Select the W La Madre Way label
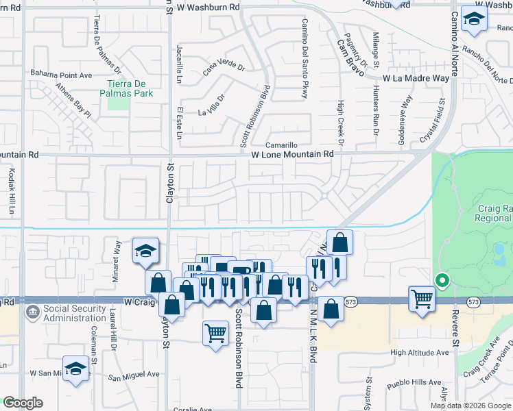point(416,79)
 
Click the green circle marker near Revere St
point(442,279)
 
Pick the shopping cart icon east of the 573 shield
point(422,299)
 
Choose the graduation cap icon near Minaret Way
point(145,251)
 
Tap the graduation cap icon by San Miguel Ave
point(75,369)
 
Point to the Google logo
point(23,403)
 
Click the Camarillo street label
point(282,145)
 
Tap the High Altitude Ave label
point(419,353)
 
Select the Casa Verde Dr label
point(224,68)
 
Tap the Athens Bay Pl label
point(73,99)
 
